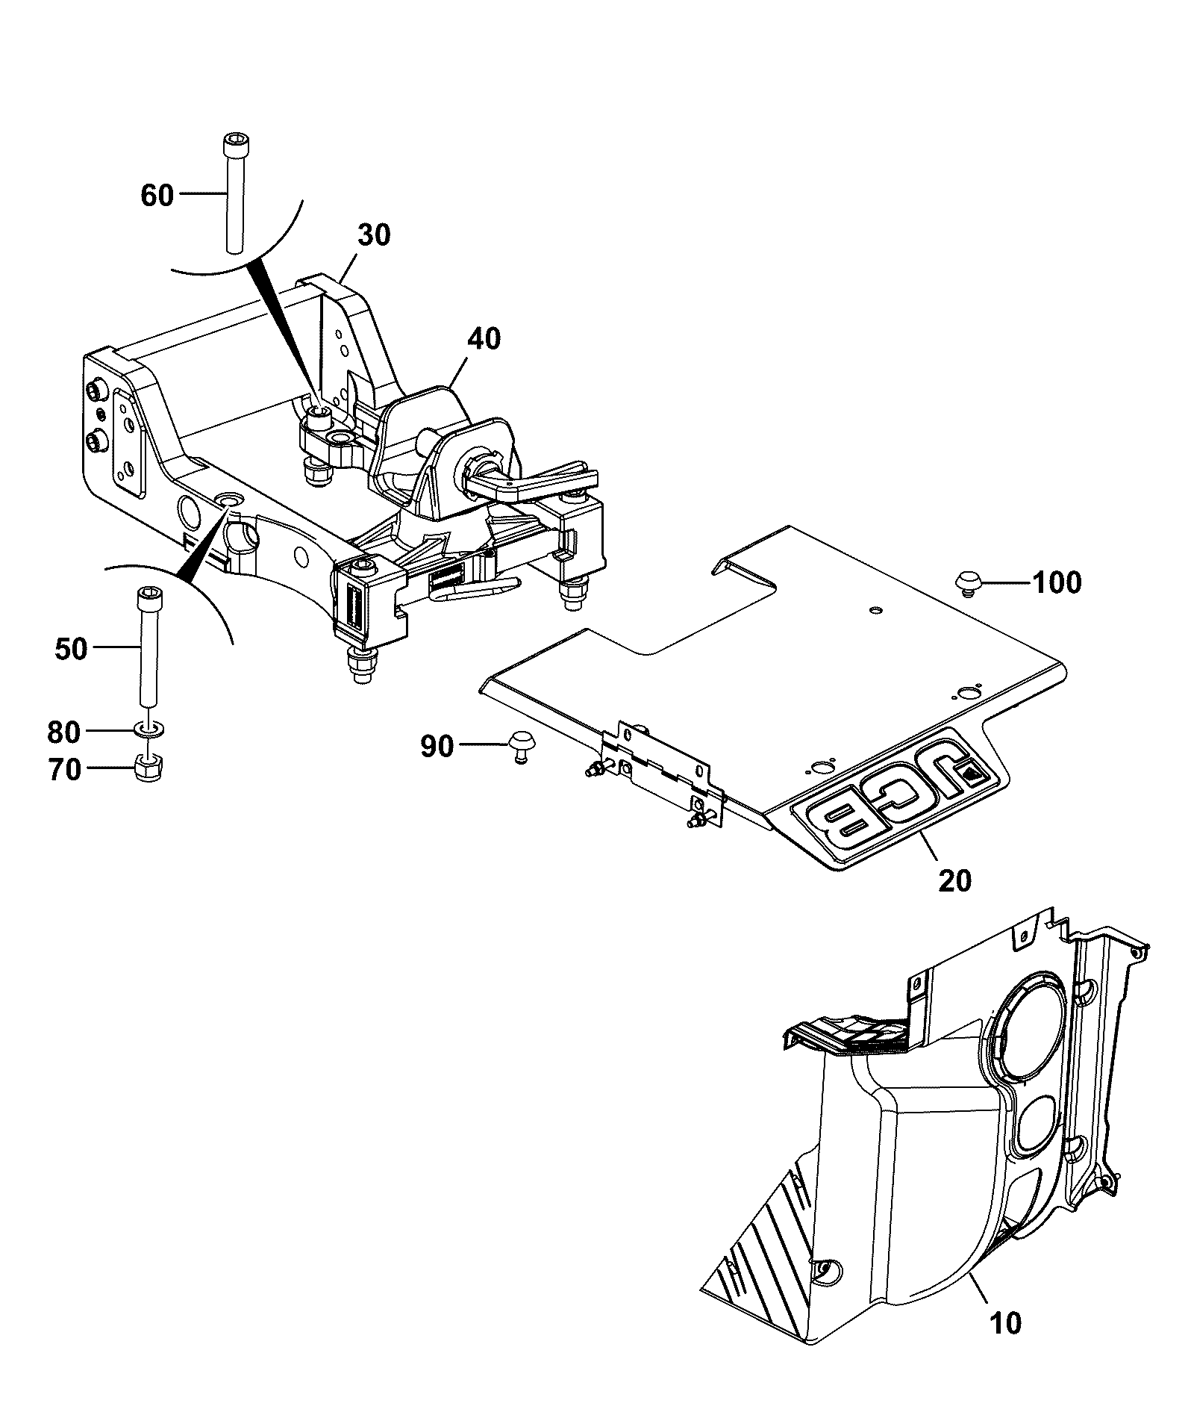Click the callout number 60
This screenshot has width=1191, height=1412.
[157, 196]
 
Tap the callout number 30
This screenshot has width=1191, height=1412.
[374, 235]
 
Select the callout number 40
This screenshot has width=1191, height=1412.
[484, 339]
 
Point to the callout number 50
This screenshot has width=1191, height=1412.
[72, 649]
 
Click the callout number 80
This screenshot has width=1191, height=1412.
[64, 733]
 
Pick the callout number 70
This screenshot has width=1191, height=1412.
[64, 770]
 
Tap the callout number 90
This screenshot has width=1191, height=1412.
[437, 746]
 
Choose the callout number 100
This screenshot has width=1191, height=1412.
[1057, 582]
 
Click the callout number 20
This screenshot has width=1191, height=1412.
[955, 881]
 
